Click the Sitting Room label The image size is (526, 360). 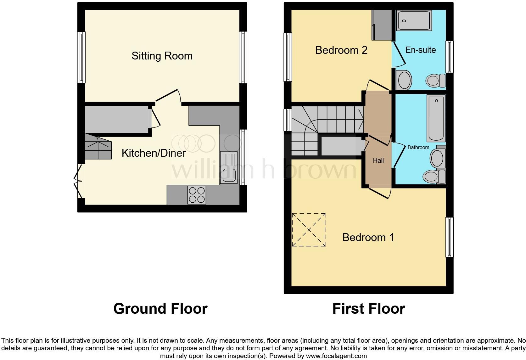click(x=162, y=56)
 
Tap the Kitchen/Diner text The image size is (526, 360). click(x=154, y=153)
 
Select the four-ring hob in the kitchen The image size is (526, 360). click(x=197, y=195)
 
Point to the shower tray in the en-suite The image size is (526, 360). click(x=413, y=20)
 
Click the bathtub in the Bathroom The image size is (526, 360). click(x=436, y=119)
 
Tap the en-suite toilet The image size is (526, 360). click(x=435, y=81)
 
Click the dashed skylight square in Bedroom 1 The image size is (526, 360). click(x=309, y=230)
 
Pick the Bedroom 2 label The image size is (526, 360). click(x=341, y=50)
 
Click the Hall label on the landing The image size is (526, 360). click(x=378, y=160)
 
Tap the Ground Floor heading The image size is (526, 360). click(x=160, y=309)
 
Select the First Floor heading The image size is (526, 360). click(x=368, y=309)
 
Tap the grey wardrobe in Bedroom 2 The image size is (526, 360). click(x=381, y=25)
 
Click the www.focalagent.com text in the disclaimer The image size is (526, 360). click(x=336, y=356)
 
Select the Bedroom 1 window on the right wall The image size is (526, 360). click(x=450, y=237)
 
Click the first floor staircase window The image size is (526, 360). click(x=288, y=120)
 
